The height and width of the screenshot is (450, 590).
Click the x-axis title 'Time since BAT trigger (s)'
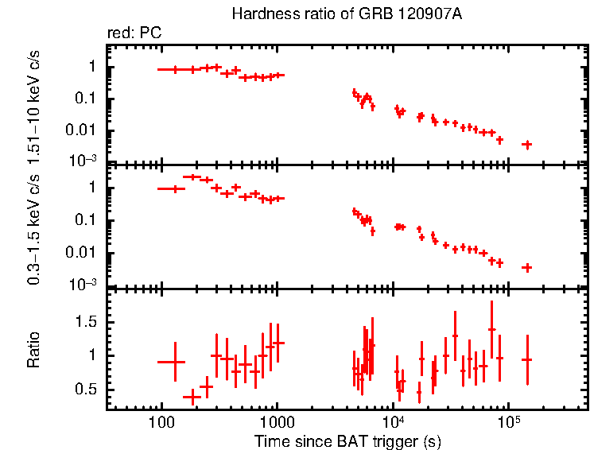(347, 440)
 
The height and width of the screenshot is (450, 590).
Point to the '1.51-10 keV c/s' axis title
(34, 103)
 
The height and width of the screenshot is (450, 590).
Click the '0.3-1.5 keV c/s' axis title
(34, 226)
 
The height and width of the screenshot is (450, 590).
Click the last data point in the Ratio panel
(526, 359)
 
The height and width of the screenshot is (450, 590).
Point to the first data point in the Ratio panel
(174, 362)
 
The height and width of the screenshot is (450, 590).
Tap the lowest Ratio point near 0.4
(192, 396)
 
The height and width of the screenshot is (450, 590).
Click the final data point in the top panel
(526, 144)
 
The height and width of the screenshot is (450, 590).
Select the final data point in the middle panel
(526, 267)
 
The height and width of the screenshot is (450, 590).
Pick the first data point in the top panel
(174, 70)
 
